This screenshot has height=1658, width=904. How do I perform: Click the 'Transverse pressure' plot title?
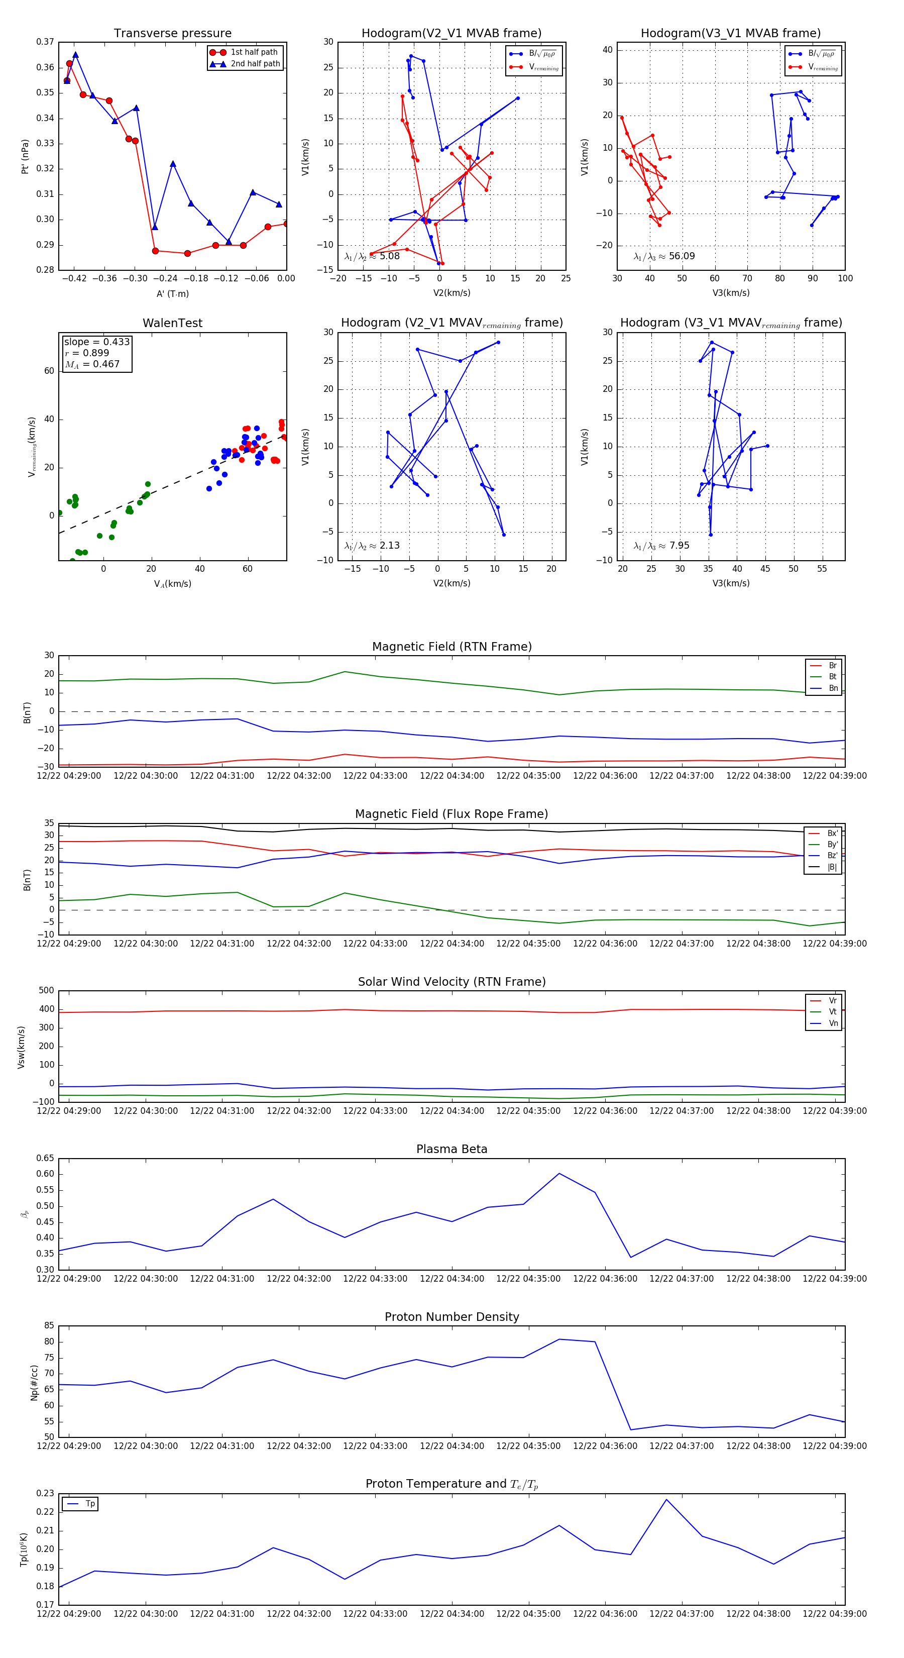coord(172,34)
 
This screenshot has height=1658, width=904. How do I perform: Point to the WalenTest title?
coord(172,323)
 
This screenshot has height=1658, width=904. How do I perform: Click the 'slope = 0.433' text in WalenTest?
coord(96,342)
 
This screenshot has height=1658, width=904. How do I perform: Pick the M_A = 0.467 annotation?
coord(92,364)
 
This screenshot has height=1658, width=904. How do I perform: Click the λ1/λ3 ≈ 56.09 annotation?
coord(664,256)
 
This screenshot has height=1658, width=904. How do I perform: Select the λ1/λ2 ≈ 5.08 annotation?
coord(372,256)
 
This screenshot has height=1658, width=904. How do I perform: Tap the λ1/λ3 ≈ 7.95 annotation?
coord(661,546)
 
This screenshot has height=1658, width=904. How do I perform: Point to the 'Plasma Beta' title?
coord(451,1150)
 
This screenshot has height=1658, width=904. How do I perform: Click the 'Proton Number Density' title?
coord(451,1317)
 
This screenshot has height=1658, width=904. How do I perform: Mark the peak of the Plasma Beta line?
coord(559,1173)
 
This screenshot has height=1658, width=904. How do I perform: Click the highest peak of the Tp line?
coord(666,1499)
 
